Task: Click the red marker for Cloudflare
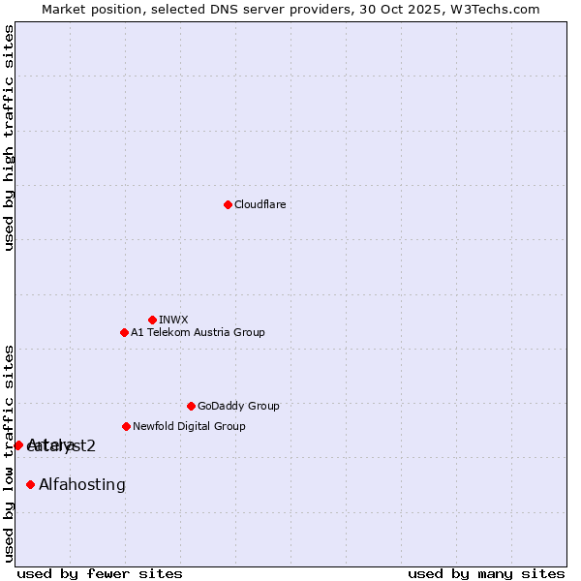tap(228, 204)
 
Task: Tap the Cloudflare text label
tap(260, 204)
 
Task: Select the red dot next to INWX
tap(152, 320)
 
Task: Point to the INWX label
tap(173, 320)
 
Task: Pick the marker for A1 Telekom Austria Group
tap(124, 332)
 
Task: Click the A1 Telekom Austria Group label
tap(198, 332)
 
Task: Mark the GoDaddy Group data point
tap(191, 406)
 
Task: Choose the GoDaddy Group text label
tap(238, 406)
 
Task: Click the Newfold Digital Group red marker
tap(126, 426)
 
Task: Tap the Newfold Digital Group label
tap(189, 426)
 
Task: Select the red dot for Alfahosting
tap(30, 484)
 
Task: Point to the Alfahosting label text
tap(82, 484)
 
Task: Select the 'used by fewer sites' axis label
tap(100, 573)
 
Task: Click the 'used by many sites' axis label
tap(486, 573)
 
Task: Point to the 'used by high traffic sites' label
tap(9, 138)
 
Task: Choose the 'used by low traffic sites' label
tap(9, 453)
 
